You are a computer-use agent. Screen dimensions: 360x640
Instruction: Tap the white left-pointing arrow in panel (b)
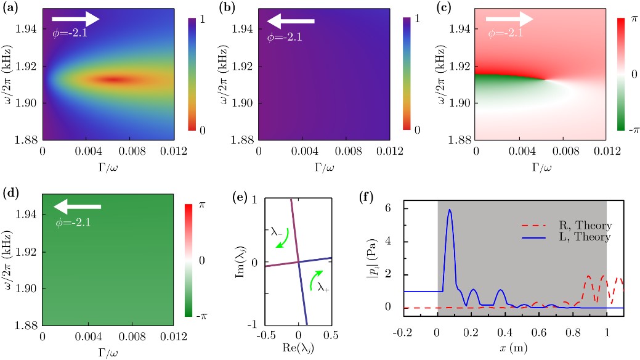pyautogui.click(x=291, y=22)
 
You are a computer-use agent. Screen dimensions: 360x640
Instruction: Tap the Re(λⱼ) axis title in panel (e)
pyautogui.click(x=299, y=354)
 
